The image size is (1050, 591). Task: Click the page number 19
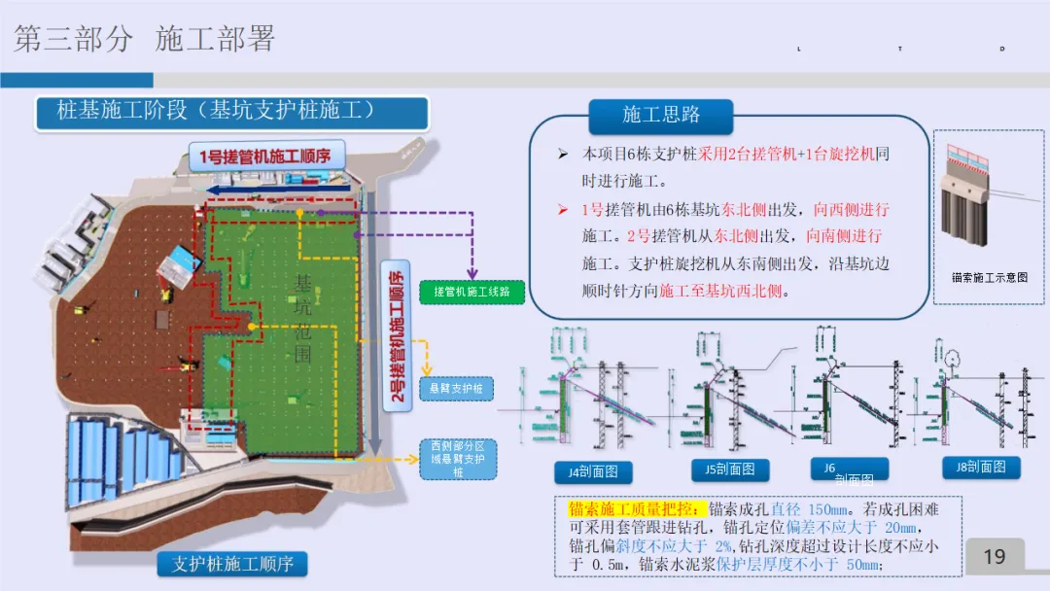tap(994, 556)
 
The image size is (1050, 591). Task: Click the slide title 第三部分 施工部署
tap(145, 39)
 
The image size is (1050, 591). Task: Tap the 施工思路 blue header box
tap(661, 115)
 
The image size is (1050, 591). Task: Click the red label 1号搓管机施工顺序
tap(265, 156)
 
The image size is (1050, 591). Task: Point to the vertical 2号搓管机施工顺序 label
tap(397, 335)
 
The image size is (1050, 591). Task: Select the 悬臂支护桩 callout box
tap(456, 389)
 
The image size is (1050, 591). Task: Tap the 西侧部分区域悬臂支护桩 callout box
tap(458, 459)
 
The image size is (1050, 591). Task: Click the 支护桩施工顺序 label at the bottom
tap(232, 564)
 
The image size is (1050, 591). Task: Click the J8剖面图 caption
tap(980, 467)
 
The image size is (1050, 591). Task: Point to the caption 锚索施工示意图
tap(990, 277)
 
